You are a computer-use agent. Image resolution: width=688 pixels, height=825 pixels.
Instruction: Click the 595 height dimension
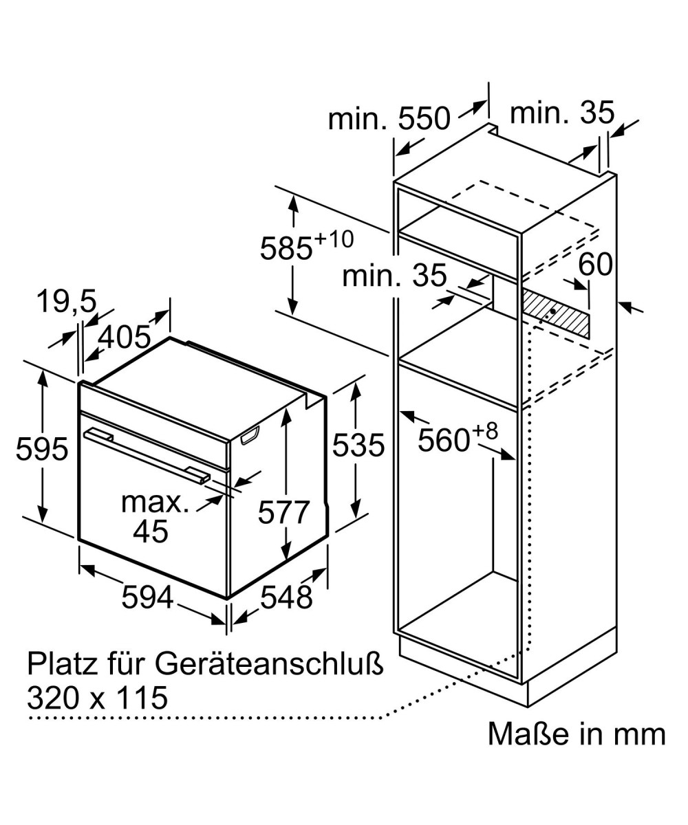point(42,449)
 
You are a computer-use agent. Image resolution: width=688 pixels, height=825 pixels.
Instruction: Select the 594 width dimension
point(147,597)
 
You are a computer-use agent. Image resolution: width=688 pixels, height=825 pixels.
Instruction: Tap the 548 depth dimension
point(286,597)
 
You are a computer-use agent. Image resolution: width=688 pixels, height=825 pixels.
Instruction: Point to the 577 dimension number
point(283,512)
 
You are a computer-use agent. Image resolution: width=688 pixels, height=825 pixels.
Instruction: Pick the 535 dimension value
point(358,445)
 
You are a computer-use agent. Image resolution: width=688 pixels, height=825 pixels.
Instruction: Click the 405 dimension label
point(124,337)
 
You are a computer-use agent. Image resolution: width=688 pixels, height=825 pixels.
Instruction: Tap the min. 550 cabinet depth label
point(389,118)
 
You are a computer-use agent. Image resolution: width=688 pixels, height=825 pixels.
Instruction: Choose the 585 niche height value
point(286,248)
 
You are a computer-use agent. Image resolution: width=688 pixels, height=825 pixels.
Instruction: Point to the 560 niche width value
point(444,440)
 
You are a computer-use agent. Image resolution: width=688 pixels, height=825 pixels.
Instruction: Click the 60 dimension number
point(595,264)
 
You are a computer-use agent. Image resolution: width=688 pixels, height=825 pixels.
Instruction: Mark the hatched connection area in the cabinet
point(555,313)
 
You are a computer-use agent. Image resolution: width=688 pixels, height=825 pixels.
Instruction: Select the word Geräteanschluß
point(269,665)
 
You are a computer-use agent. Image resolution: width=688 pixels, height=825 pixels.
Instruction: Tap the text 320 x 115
point(97,698)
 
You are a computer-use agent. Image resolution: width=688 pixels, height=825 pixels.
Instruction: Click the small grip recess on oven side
point(250,435)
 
